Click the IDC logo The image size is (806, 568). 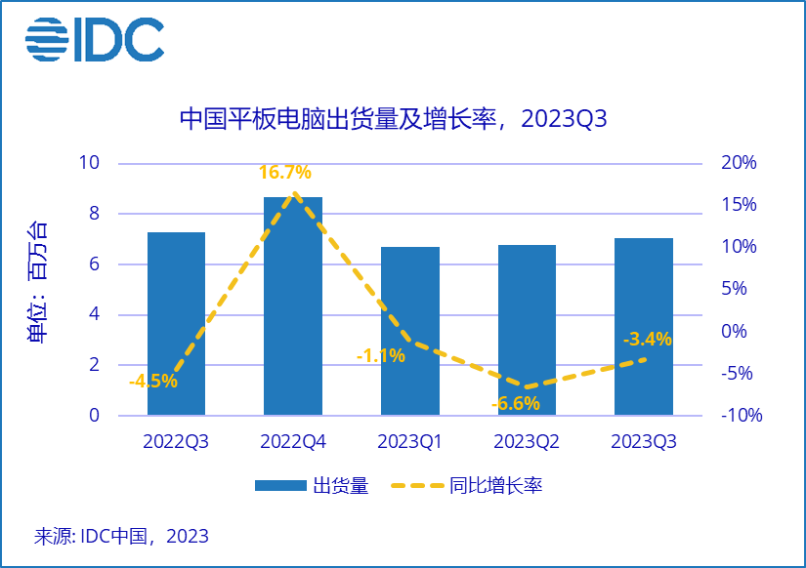coord(95,39)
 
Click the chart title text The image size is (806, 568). coord(394,119)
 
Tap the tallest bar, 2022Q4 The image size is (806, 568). coord(293,306)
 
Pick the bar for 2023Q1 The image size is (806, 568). coord(410,332)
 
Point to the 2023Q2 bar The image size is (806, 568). coord(527,331)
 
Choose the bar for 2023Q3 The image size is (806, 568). coord(644,327)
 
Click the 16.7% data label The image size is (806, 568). coord(285,173)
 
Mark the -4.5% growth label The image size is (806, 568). coord(153,382)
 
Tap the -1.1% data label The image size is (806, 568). coord(381,356)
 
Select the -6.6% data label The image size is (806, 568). coord(515,403)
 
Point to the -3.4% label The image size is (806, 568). coord(648,340)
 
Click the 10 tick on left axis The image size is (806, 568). coord(89,163)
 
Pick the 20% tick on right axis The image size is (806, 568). coord(740,163)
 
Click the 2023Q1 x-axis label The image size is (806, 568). coord(410,442)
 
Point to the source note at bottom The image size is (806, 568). coord(121,536)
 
